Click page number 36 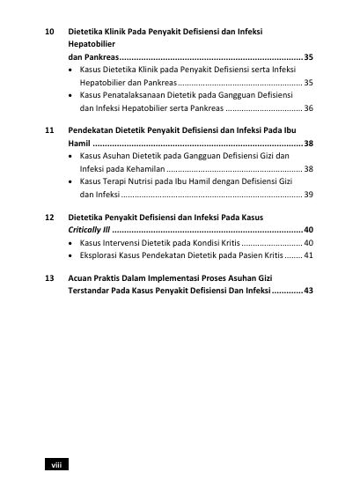(x=308, y=108)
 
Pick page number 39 (x=308, y=194)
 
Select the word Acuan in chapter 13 (x=82, y=277)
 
